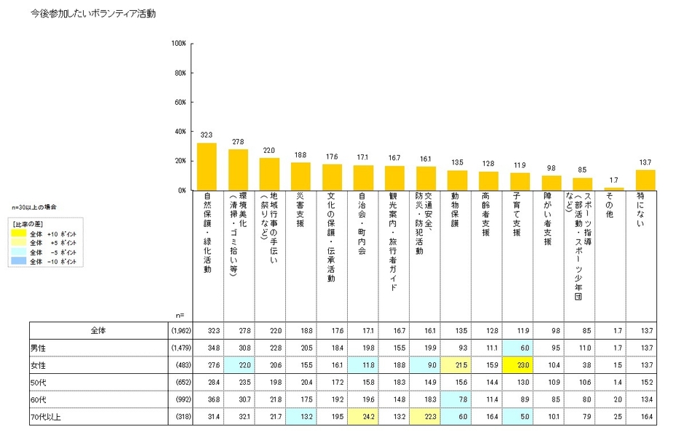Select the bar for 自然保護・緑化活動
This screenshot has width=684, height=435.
pyautogui.click(x=207, y=167)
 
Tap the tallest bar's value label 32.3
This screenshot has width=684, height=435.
pyautogui.click(x=207, y=135)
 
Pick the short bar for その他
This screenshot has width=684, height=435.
pyautogui.click(x=614, y=188)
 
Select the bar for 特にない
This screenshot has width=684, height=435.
pyautogui.click(x=645, y=180)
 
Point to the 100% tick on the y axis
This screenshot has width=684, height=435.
pyautogui.click(x=178, y=44)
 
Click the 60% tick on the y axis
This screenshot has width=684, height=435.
pyautogui.click(x=178, y=103)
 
